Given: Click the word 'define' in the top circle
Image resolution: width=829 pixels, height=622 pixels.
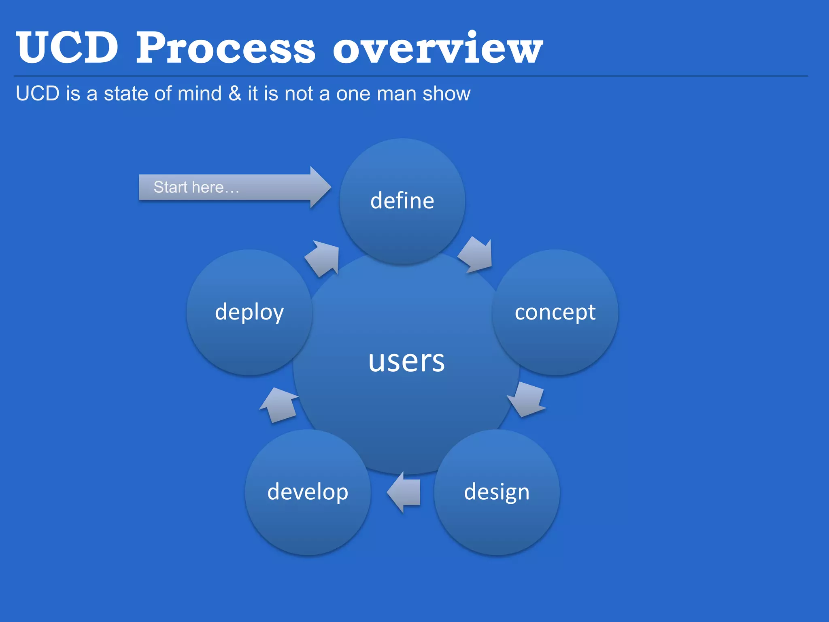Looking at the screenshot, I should [402, 201].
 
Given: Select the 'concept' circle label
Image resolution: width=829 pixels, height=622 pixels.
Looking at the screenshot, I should [555, 312].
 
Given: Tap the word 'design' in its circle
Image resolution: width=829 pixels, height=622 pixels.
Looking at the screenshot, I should [497, 492].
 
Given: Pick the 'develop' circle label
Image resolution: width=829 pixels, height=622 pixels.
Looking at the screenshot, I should [308, 492].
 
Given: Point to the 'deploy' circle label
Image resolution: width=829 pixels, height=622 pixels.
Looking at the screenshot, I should [249, 312].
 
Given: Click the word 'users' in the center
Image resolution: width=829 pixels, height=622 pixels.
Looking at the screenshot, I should [406, 360].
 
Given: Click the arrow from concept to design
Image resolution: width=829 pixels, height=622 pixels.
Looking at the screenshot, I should [527, 399].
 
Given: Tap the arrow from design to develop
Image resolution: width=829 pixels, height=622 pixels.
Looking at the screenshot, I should [404, 492].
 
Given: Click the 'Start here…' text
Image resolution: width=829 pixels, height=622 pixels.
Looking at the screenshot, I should [196, 187].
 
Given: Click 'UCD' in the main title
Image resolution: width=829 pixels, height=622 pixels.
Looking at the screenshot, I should [67, 48].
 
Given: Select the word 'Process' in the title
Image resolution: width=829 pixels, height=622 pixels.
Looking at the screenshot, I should [225, 48].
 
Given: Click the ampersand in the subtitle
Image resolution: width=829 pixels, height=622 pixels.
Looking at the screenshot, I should [235, 94].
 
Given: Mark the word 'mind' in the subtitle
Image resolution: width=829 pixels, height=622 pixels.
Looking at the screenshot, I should [200, 94].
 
